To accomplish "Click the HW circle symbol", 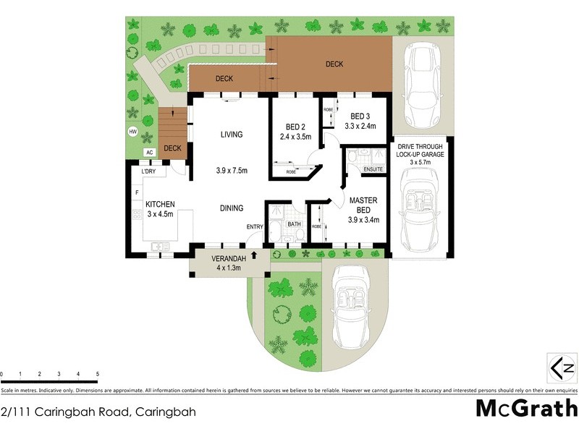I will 133,132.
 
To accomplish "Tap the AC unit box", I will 150,153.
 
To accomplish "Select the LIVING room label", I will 232,135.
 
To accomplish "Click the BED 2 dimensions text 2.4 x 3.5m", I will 295,135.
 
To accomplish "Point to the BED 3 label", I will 362,116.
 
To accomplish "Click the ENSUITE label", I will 373,169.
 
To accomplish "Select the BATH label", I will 294,224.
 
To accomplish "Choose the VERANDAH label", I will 229,259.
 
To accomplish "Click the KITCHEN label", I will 160,205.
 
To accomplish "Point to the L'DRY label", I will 148,171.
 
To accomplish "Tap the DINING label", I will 232,208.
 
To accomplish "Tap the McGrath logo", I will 526,409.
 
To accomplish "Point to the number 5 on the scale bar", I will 97,375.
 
